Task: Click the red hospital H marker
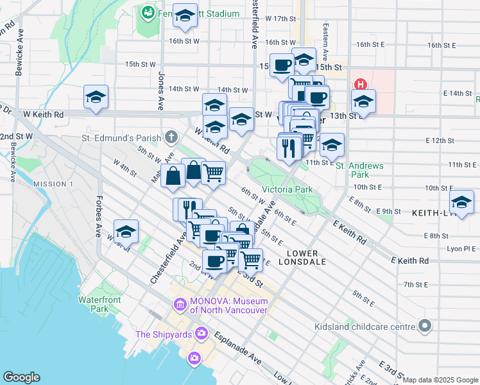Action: (360, 84)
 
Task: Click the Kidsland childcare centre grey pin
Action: (424, 327)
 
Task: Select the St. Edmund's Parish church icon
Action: (171, 137)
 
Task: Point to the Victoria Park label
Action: (287, 189)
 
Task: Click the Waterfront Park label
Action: (94, 304)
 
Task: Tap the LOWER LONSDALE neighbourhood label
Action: (303, 257)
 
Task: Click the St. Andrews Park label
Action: (360, 170)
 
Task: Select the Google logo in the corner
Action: (21, 377)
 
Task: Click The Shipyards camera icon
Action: (201, 333)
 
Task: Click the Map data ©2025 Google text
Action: (440, 380)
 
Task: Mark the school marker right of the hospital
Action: (363, 101)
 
